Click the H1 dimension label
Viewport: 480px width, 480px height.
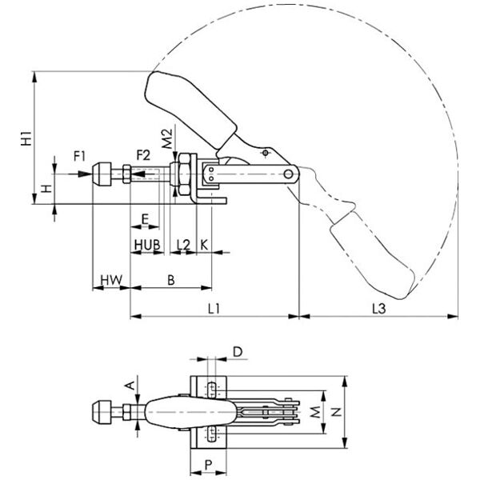[x=26, y=138]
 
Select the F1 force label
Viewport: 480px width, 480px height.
[x=79, y=157]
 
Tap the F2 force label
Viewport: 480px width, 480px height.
[x=143, y=155]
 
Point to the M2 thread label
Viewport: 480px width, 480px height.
[x=167, y=139]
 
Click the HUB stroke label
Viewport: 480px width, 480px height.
[x=147, y=245]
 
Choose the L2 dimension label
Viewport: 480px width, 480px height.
[x=183, y=245]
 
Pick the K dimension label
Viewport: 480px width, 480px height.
[x=204, y=245]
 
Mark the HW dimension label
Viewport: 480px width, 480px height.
[x=111, y=280]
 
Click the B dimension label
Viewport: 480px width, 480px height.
[x=171, y=280]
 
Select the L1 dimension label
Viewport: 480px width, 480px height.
[x=214, y=309]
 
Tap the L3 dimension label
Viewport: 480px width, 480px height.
[x=379, y=309]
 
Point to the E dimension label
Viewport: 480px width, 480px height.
[x=145, y=219]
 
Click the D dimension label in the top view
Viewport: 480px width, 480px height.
[x=238, y=352]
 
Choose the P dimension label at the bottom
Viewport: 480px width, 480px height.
[x=208, y=466]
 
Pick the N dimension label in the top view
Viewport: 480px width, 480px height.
[x=337, y=412]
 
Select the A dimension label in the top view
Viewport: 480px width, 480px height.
[x=131, y=386]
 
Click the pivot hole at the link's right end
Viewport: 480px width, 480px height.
[x=288, y=174]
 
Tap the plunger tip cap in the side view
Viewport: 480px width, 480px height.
[x=102, y=174]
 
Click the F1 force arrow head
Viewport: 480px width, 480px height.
[x=85, y=174]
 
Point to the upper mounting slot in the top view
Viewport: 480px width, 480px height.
[x=211, y=390]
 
